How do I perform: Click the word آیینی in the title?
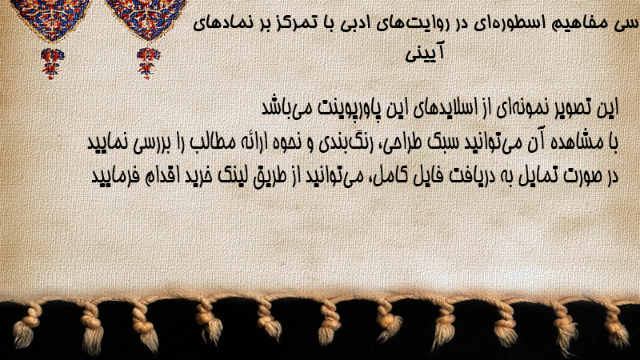pos(425,53)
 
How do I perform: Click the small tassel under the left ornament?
pos(52,63)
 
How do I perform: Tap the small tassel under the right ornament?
pos(148,63)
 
